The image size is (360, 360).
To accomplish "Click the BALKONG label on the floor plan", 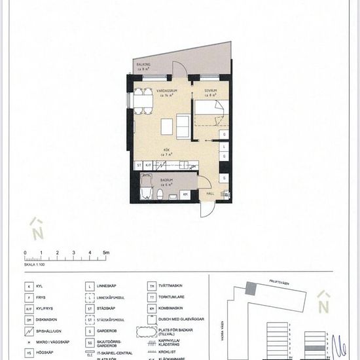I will click(x=143, y=65).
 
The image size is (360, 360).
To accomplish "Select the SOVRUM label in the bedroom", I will click(x=211, y=90).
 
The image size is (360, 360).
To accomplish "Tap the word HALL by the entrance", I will click(x=211, y=194).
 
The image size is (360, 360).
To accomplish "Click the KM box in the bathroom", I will click(x=186, y=194).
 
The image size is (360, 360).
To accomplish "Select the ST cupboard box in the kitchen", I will click(x=139, y=165).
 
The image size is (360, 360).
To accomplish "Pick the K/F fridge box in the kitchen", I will click(x=148, y=165).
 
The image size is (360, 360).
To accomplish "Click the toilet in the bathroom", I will click(x=159, y=195).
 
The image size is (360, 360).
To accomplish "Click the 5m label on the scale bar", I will click(x=105, y=252).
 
